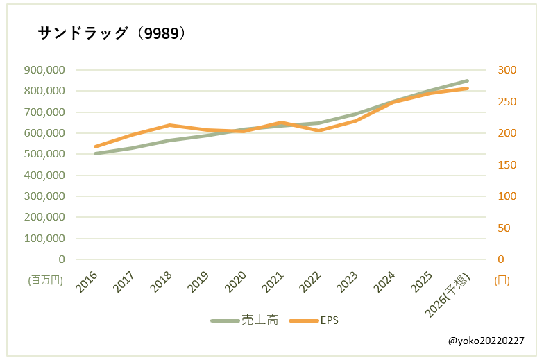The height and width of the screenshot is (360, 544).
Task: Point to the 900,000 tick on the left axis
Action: coord(44,69)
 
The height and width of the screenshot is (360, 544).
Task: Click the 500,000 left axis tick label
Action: coord(44,153)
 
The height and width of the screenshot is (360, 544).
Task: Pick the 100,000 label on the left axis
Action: coord(44,238)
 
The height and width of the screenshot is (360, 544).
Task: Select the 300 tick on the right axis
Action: coord(507,69)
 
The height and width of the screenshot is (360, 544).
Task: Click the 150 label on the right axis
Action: coord(507,164)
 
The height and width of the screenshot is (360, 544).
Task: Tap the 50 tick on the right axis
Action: coord(504,228)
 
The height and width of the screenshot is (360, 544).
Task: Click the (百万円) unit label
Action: coord(45,280)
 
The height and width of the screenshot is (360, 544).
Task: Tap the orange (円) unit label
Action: coord(502,280)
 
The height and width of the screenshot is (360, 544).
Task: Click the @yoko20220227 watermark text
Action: coord(486,341)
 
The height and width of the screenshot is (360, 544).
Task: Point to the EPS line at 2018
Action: coord(169,125)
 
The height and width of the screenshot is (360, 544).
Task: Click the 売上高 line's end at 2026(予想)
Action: coord(467,80)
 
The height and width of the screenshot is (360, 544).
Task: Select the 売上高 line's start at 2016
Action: coord(95,153)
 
